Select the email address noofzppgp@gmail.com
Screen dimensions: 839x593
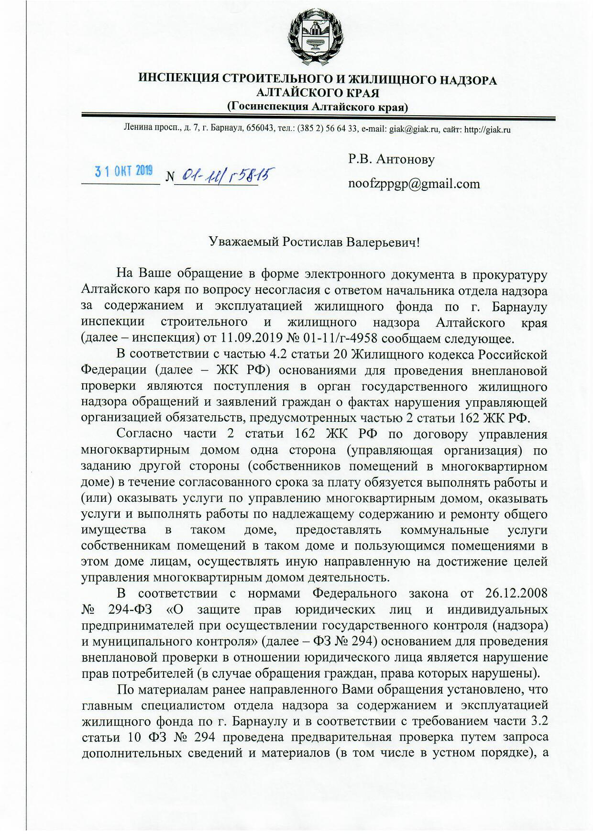(x=414, y=184)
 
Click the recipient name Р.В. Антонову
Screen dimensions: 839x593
(x=391, y=159)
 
